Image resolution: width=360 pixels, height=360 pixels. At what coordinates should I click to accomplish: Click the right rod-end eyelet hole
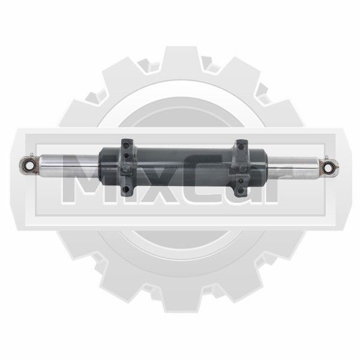328,168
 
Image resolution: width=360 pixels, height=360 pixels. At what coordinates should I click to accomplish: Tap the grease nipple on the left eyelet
32,155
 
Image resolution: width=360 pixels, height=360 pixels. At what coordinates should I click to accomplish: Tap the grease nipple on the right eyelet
326,158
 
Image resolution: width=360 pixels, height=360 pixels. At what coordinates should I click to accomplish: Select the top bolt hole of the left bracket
125,145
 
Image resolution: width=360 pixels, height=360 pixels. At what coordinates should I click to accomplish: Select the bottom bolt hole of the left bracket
126,190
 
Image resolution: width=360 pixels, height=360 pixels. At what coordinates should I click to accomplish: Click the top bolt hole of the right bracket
241,146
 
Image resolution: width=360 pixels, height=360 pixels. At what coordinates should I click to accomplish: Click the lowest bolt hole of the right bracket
241,190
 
